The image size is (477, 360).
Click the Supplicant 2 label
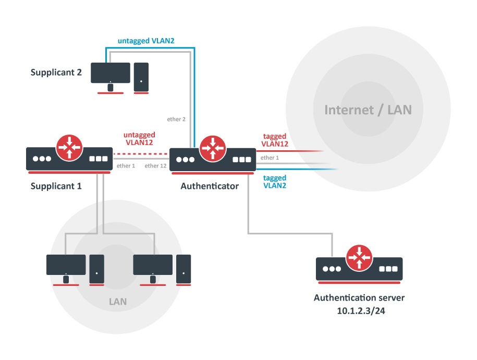[56, 73]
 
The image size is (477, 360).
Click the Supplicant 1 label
[56, 186]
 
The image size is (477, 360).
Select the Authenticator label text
[210, 186]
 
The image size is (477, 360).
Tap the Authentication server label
[359, 298]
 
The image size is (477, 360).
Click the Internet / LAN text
[368, 110]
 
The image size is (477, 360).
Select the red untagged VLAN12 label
[138, 137]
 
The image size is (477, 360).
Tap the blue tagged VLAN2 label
[274, 182]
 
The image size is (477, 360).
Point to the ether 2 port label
[176, 119]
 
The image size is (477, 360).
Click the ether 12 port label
[155, 166]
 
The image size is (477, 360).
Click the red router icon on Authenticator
[212, 148]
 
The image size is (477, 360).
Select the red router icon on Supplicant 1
[70, 148]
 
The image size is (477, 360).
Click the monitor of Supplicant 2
[111, 74]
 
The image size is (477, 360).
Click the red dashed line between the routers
[141, 154]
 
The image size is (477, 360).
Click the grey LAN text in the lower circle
[117, 302]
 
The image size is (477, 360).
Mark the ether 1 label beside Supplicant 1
[126, 166]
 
